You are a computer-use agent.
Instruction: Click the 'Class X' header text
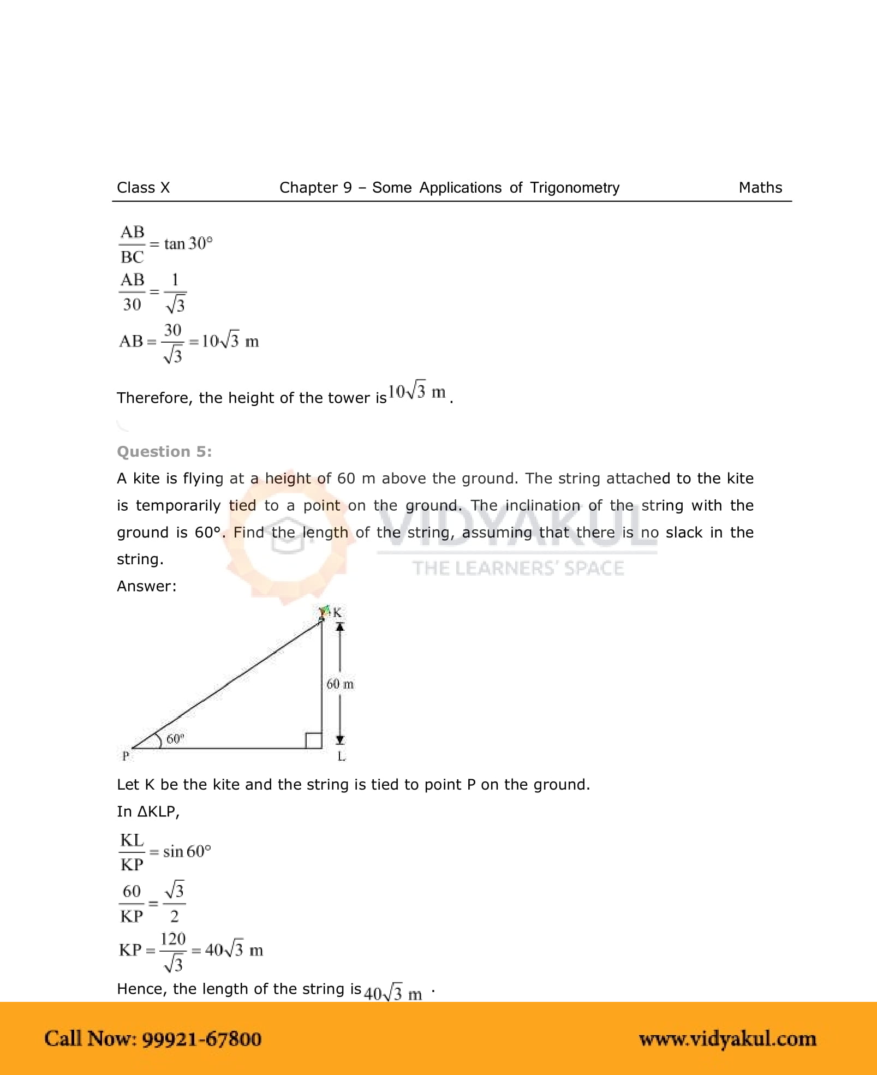(x=143, y=188)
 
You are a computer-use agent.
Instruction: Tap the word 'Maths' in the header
(x=760, y=188)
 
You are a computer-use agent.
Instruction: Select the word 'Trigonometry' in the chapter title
(x=575, y=188)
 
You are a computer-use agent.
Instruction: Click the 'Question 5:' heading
(x=164, y=452)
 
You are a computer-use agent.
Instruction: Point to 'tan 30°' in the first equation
(x=188, y=243)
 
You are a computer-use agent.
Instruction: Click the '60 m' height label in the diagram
(x=339, y=684)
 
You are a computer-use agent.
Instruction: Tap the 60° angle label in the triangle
(x=175, y=739)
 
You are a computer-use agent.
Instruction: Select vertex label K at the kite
(x=337, y=613)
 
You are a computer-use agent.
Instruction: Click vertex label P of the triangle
(x=126, y=756)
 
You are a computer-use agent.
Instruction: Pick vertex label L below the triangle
(x=341, y=756)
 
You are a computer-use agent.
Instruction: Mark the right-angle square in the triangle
(x=313, y=740)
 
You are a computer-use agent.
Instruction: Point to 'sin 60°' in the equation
(x=187, y=851)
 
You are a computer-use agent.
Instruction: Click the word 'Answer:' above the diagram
(x=146, y=586)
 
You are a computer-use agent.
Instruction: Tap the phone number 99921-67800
(x=201, y=1039)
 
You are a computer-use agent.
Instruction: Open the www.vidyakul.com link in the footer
(x=727, y=1039)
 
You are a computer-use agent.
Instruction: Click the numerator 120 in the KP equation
(x=173, y=939)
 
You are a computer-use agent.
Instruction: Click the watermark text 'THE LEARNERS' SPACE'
(x=517, y=569)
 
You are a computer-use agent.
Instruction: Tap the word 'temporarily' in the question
(x=178, y=506)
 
